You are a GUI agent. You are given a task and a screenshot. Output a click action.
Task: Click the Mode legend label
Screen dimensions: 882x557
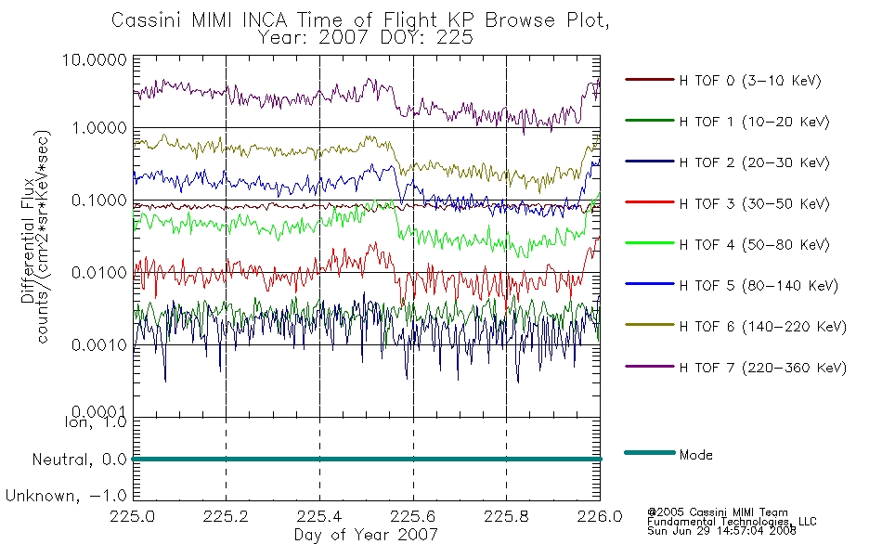[695, 455]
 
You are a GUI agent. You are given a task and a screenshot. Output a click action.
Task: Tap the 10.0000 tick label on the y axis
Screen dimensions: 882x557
[95, 59]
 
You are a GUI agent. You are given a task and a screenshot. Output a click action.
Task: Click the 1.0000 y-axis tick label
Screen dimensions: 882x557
[99, 128]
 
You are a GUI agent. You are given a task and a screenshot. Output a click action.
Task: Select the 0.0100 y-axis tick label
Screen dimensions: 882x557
[99, 273]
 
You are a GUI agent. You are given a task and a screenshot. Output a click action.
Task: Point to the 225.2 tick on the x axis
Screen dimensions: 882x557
[226, 516]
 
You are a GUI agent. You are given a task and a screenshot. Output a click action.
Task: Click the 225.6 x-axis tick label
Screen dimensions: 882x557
[413, 516]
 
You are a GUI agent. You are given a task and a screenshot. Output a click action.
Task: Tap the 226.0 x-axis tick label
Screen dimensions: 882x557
[600, 516]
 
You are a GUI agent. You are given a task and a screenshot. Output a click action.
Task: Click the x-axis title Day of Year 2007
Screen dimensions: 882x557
[366, 535]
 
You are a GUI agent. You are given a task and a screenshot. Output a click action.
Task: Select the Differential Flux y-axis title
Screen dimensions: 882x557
[28, 240]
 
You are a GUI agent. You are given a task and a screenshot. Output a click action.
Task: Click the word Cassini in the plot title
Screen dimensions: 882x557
[147, 20]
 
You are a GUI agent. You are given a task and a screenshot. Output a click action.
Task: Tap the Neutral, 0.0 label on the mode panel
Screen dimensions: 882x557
[79, 460]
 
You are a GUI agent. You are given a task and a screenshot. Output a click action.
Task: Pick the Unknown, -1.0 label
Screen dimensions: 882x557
[66, 496]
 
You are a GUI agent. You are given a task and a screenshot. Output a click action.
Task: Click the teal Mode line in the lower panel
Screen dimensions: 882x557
[367, 460]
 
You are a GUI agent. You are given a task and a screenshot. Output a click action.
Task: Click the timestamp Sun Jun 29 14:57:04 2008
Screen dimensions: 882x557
[721, 531]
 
